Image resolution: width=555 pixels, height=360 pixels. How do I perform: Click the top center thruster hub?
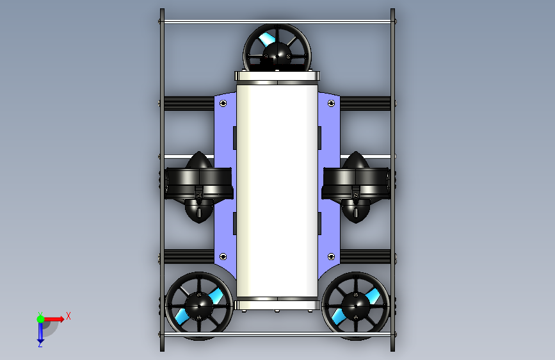277,54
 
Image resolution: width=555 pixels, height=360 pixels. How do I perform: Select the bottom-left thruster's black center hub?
197,305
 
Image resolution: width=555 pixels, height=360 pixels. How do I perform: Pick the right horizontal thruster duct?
356,183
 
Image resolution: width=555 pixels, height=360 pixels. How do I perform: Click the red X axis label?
68,316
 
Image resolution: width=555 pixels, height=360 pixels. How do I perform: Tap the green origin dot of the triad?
40,318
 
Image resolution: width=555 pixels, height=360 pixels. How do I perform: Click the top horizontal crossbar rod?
277,22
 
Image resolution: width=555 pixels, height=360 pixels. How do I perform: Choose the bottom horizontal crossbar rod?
277,334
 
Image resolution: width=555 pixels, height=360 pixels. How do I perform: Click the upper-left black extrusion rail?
188,102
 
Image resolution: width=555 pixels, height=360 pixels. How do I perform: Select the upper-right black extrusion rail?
366,102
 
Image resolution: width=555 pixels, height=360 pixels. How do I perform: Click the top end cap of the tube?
277,78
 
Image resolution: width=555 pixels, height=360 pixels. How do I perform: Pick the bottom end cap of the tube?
277,304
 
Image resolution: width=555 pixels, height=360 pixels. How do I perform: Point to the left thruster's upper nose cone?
199,160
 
